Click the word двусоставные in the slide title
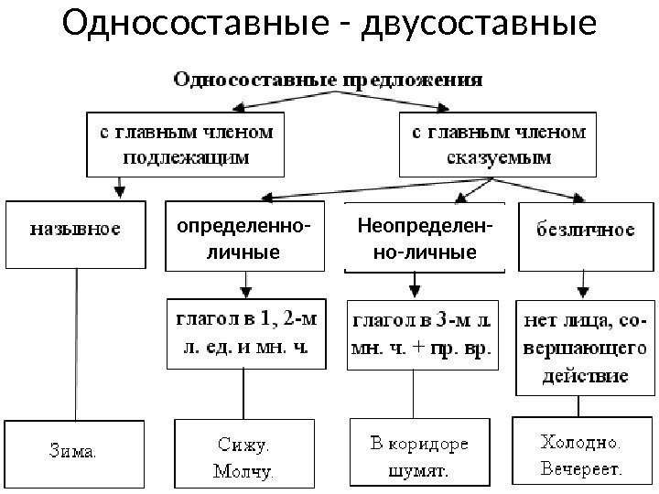click(x=480, y=27)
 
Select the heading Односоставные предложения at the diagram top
click(x=328, y=80)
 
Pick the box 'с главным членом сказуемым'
click(x=499, y=144)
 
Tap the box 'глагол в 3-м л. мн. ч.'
click(x=422, y=334)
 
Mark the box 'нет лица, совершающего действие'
click(x=585, y=348)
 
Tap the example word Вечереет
click(x=579, y=469)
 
